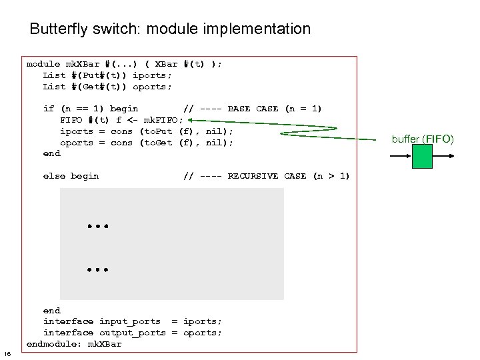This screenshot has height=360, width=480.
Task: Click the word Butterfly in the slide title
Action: (59, 29)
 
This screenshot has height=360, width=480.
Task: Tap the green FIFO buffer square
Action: (422, 156)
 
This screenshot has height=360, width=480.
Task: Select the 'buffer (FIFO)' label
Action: (422, 139)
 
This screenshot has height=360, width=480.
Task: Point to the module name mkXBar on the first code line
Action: (82, 64)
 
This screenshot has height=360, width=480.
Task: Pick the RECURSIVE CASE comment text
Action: (289, 176)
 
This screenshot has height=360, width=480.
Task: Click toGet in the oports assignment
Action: (157, 143)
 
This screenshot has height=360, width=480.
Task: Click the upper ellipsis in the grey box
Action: (97, 227)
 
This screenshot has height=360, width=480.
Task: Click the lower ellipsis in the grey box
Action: (97, 270)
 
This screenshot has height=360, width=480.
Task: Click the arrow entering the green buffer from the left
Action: (400, 156)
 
